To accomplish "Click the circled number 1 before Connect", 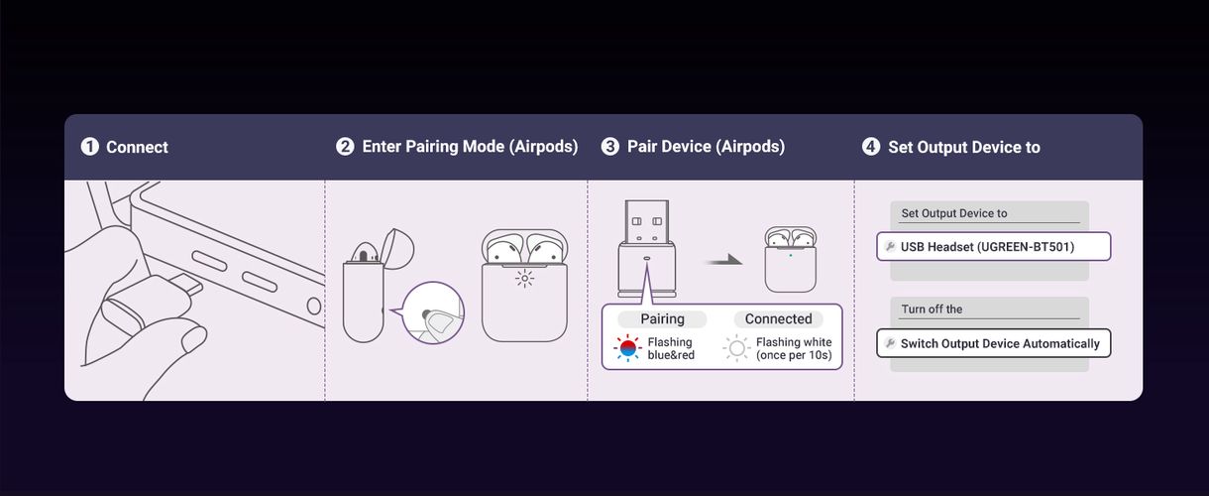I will [89, 147].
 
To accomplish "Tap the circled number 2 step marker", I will [345, 147].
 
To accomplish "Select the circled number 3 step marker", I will [610, 147].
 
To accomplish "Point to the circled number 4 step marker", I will [871, 147].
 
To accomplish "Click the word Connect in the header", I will [137, 147].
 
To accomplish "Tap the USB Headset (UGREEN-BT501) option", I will [993, 246].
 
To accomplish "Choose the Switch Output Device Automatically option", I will [993, 343].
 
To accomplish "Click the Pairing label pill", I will [663, 319].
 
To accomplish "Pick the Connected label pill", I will [778, 319].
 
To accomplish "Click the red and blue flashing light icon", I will [627, 349].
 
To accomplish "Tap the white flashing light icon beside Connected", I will [736, 349].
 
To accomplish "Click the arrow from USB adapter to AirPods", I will [723, 260].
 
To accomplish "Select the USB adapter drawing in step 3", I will [646, 248].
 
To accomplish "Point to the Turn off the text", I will [932, 310].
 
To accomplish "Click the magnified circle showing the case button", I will [434, 314].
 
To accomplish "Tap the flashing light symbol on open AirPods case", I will [524, 279].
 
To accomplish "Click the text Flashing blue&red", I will [671, 349].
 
